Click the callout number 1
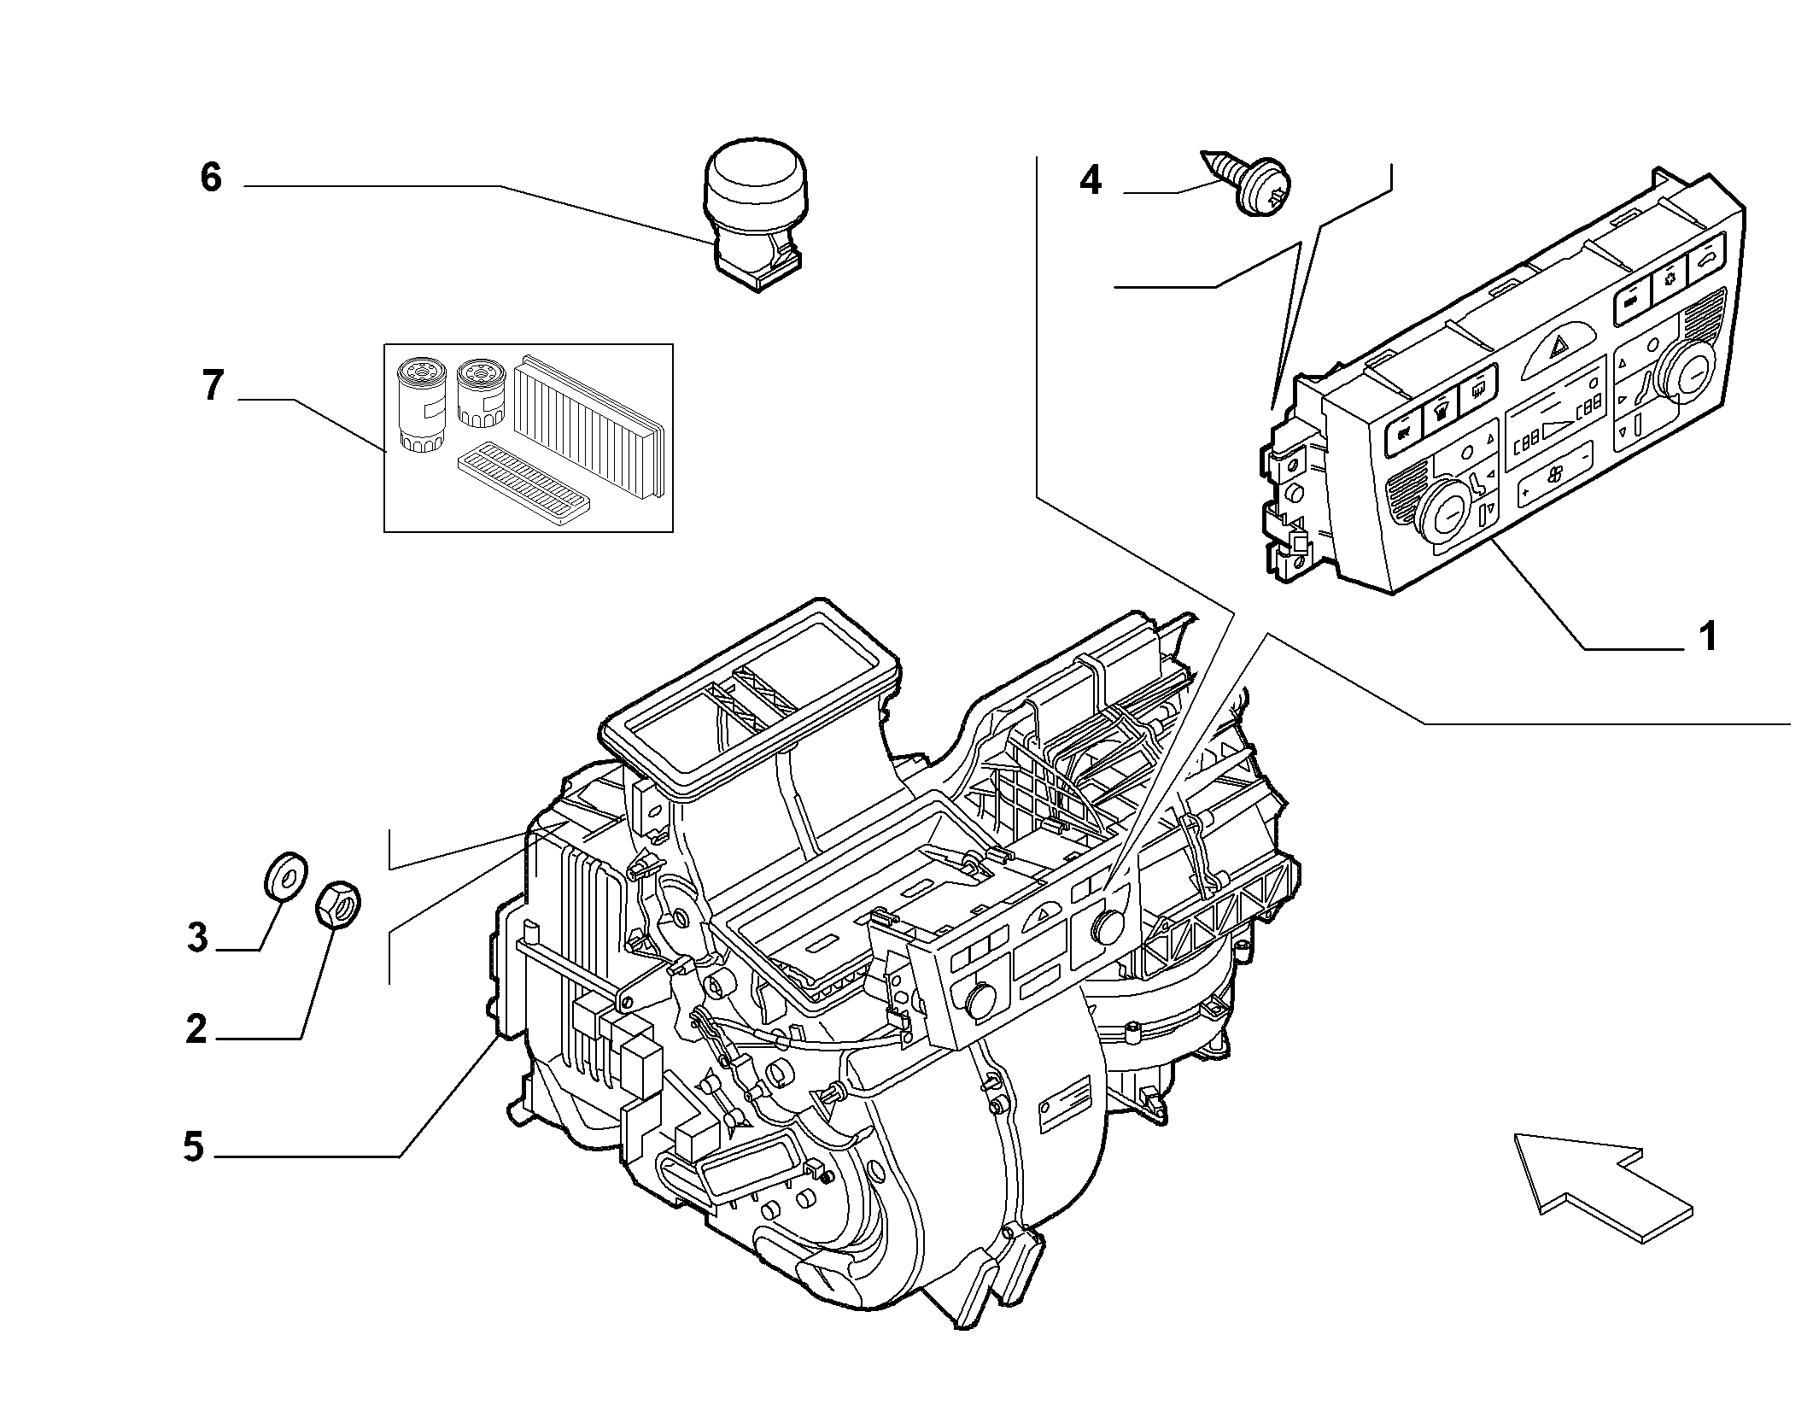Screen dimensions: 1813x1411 (1707, 635)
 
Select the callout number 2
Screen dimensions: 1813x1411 (196, 1029)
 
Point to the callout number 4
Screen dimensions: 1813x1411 (1091, 180)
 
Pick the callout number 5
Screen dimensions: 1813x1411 (195, 1147)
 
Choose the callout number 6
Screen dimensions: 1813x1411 (211, 177)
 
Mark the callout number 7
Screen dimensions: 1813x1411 (212, 386)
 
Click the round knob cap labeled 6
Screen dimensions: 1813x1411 (755, 219)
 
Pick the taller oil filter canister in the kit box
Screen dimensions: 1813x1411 (423, 407)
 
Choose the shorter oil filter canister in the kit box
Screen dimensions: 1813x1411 (481, 394)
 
